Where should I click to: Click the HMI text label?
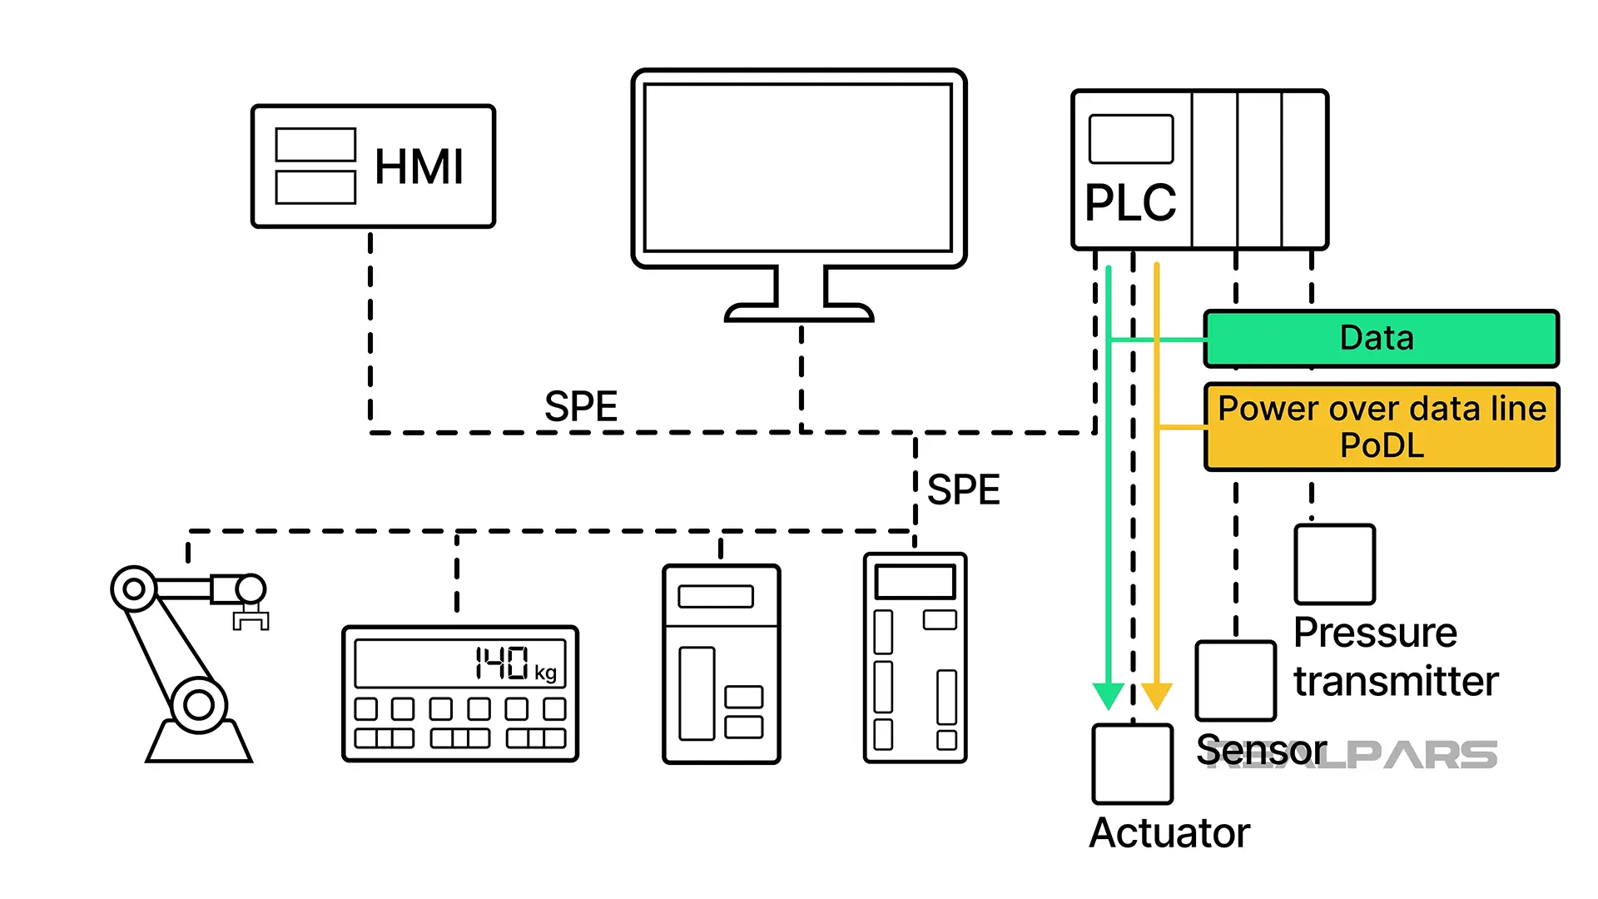pos(419,166)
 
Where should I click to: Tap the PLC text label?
pos(1130,203)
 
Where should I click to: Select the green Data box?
pos(1380,339)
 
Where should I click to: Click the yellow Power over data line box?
pos(1382,427)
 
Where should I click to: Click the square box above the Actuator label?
pos(1132,763)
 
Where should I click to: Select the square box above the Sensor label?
pos(1235,680)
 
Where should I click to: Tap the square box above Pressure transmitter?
pos(1334,564)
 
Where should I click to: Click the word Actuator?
pos(1169,832)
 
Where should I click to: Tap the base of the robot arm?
pos(199,743)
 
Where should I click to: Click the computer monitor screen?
pos(797,166)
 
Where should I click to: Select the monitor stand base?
pos(799,313)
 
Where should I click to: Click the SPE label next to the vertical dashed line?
pos(963,489)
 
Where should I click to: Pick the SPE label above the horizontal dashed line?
pos(581,407)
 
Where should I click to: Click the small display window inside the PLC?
pos(1130,139)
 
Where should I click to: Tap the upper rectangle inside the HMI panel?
pos(315,144)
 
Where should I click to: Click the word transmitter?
pos(1396,682)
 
